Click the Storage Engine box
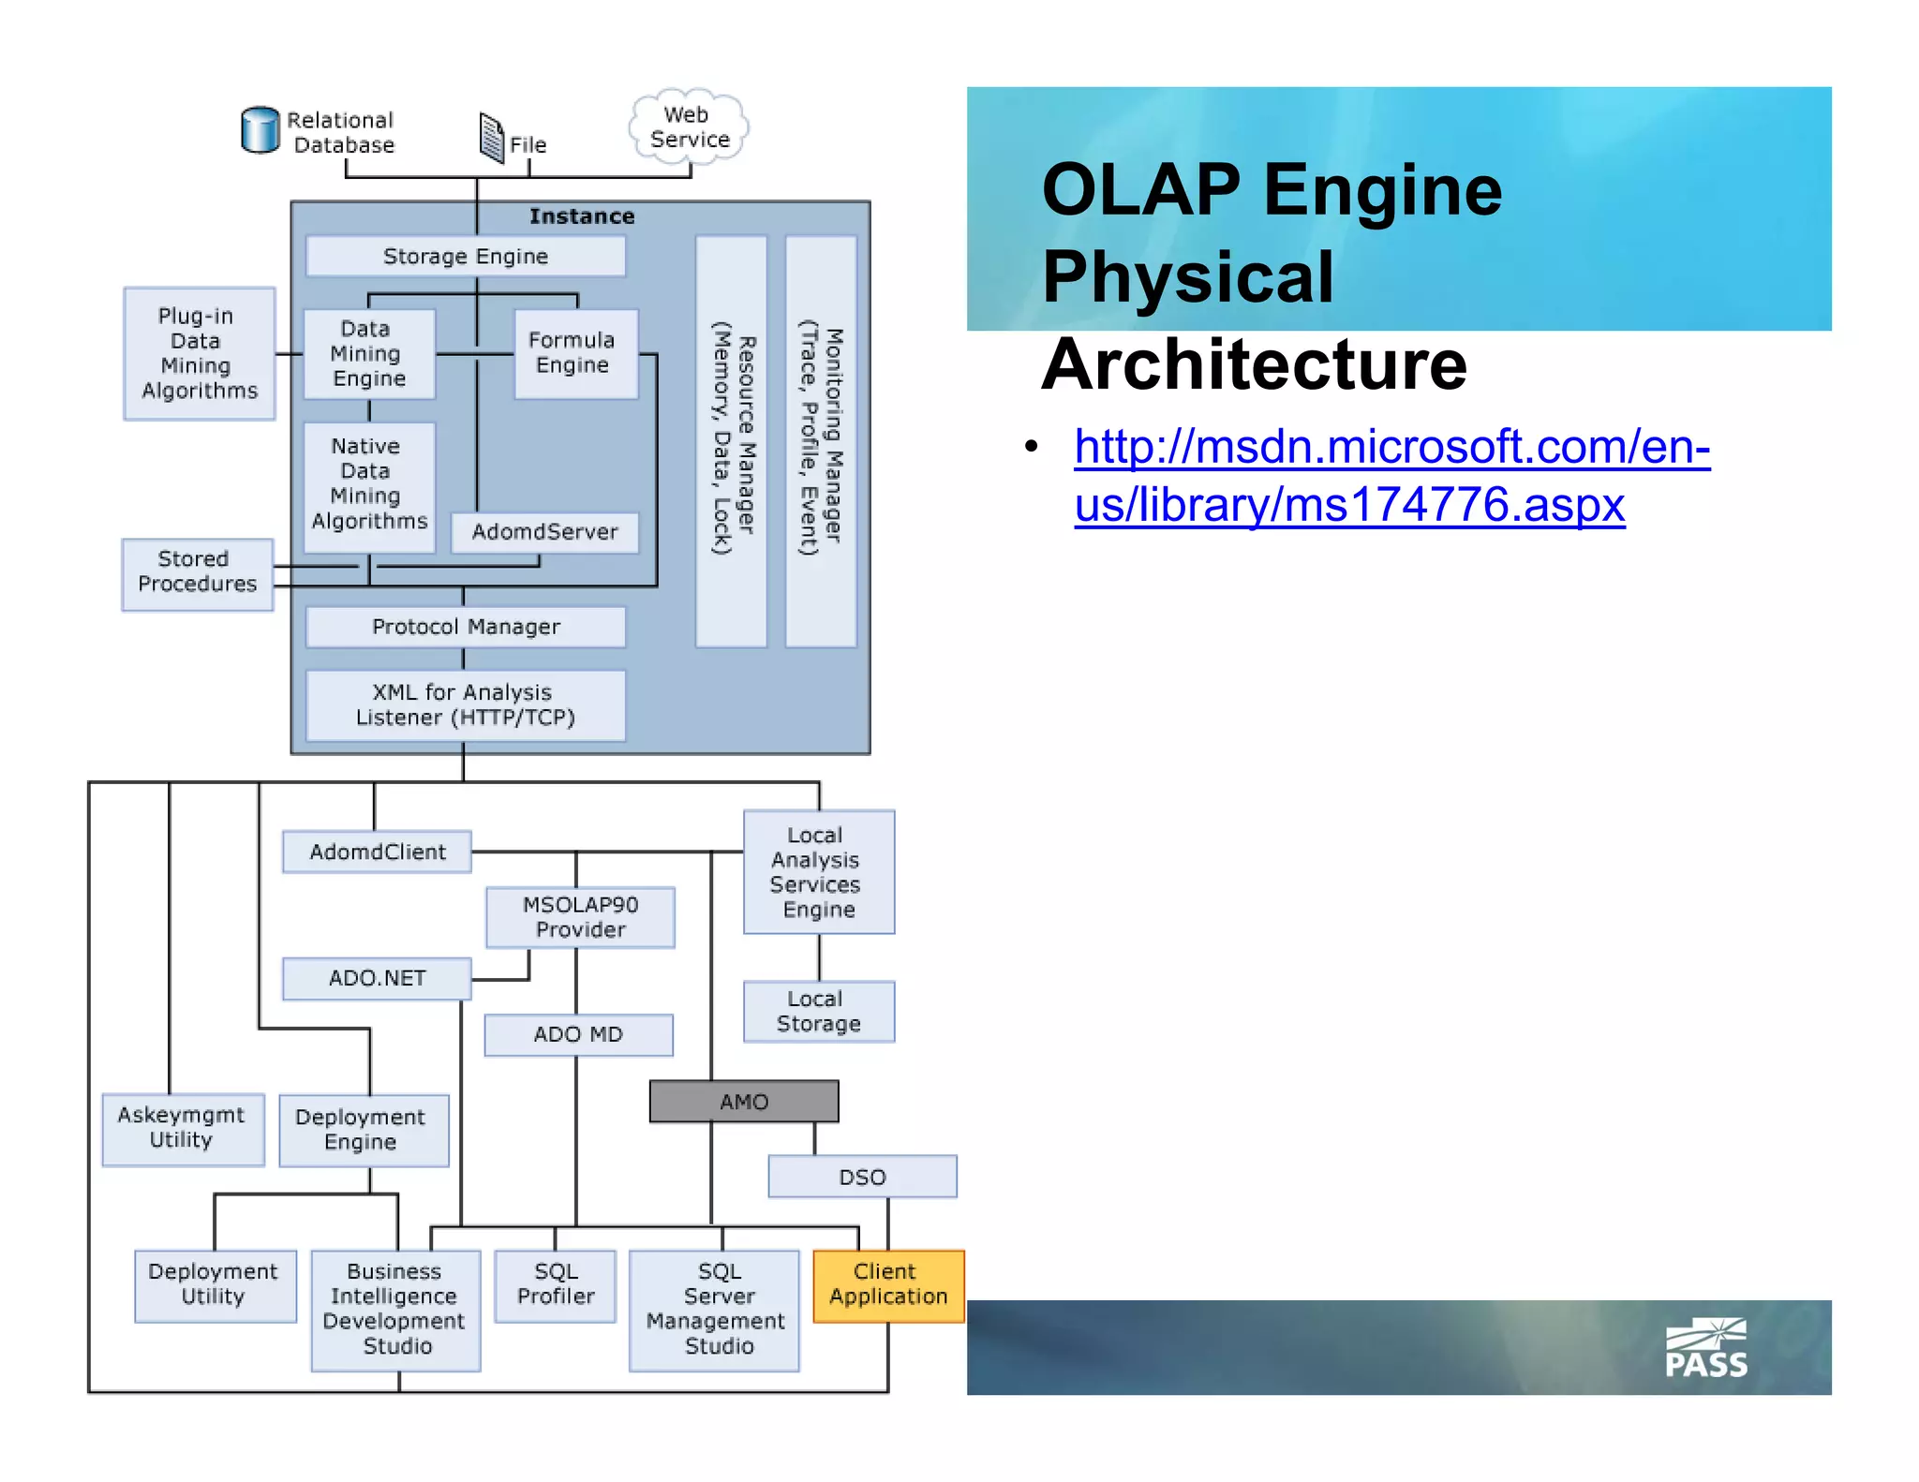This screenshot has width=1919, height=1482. (x=466, y=256)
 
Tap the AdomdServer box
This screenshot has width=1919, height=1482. (x=544, y=532)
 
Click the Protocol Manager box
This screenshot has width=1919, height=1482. (x=466, y=627)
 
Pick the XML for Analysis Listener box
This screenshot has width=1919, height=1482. (x=466, y=705)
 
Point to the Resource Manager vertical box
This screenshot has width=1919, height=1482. (x=731, y=440)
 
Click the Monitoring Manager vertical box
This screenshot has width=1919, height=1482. (x=821, y=440)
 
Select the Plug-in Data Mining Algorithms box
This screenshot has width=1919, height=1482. (x=200, y=353)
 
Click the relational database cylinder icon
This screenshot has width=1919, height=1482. (x=260, y=130)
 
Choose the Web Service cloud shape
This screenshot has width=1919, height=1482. (x=689, y=127)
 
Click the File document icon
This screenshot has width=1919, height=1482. (x=491, y=138)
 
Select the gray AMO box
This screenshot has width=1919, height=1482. (x=744, y=1102)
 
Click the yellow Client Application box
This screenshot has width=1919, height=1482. (x=888, y=1285)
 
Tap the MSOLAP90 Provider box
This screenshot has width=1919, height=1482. (x=580, y=917)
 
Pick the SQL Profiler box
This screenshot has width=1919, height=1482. (x=556, y=1285)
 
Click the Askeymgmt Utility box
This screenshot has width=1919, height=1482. (x=183, y=1129)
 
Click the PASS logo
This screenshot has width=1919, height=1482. (x=1705, y=1349)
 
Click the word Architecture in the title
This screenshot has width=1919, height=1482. (x=1254, y=365)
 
